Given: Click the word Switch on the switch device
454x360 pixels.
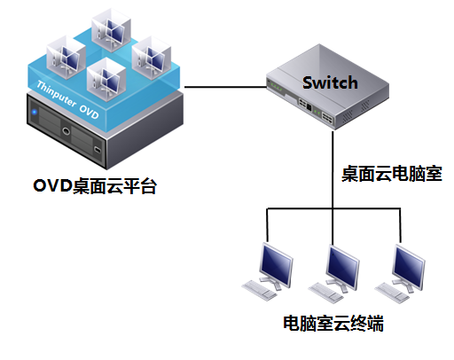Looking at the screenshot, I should coord(330,83).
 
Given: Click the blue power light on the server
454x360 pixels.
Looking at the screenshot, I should coord(35,115).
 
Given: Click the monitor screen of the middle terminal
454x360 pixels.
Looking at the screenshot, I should coord(340,261).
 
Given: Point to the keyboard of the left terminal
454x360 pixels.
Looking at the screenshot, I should coord(260,289).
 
